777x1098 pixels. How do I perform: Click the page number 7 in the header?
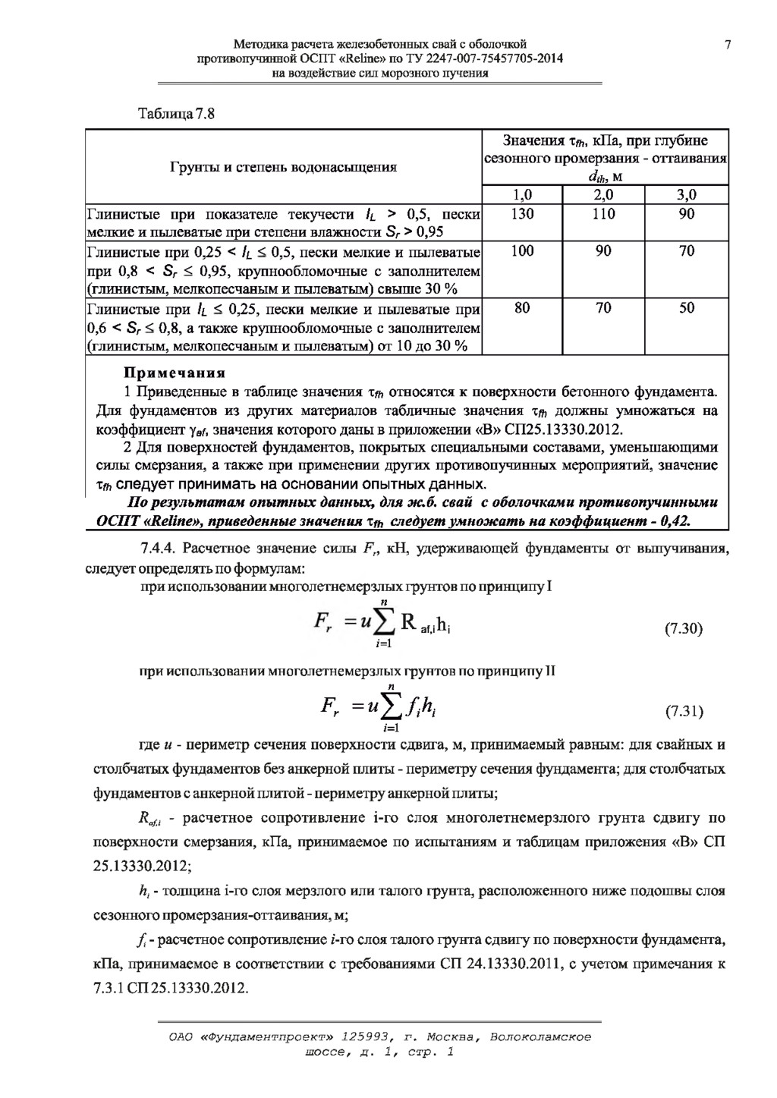point(728,44)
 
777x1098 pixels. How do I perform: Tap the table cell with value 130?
point(522,215)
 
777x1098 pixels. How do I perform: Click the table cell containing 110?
point(603,215)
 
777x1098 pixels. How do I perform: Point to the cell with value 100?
point(522,251)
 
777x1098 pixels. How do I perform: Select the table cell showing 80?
point(522,309)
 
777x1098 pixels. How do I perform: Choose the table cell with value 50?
point(686,309)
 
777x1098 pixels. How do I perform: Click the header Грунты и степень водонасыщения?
point(282,167)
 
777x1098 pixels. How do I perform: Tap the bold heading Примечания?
point(175,373)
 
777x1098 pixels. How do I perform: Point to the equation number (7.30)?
point(684,629)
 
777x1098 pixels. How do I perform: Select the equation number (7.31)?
point(684,712)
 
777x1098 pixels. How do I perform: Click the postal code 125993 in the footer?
point(368,1037)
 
